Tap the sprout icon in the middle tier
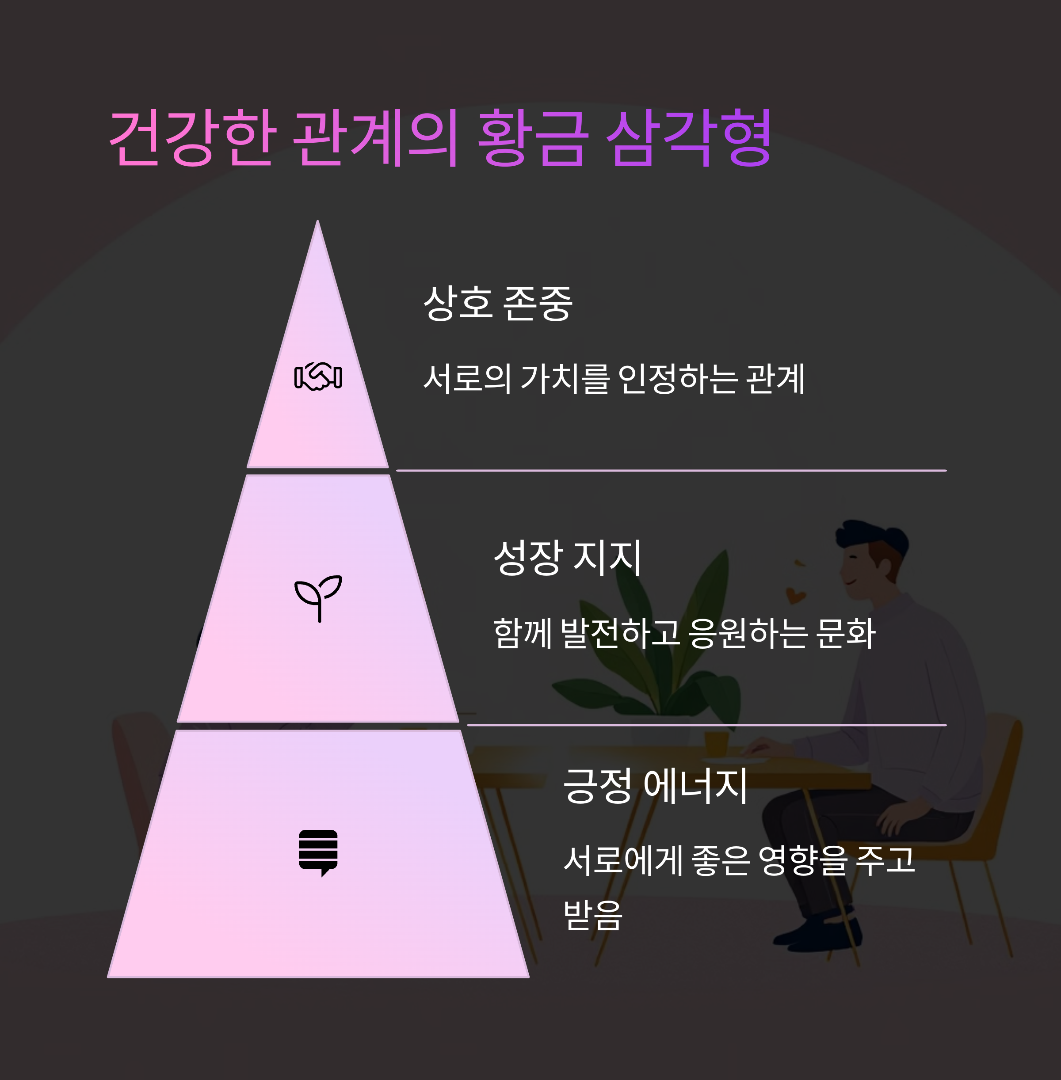tap(318, 597)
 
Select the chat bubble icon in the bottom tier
tap(318, 852)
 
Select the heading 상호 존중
tap(498, 303)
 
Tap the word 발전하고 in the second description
tap(620, 633)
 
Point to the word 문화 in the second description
tap(845, 633)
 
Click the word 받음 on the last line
tap(592, 915)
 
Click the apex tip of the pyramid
tap(317, 223)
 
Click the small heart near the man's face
tap(795, 595)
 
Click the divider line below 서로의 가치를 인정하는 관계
tap(671, 471)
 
